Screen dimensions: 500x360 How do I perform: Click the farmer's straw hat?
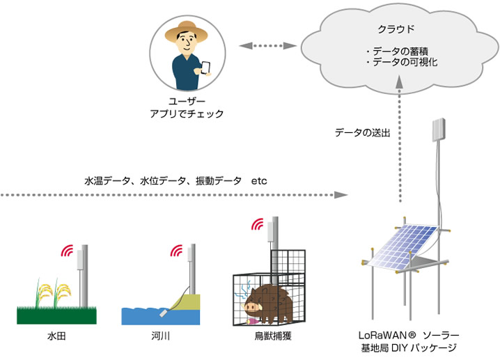click(x=186, y=31)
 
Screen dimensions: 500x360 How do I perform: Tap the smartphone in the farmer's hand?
click(x=205, y=68)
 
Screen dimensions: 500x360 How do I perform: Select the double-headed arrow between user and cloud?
click(x=268, y=46)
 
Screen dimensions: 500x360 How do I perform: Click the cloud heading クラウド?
click(x=396, y=29)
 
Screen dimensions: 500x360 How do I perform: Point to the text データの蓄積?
click(x=400, y=51)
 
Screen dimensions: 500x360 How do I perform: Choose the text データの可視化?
click(x=405, y=61)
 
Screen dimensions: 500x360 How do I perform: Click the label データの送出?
click(x=363, y=132)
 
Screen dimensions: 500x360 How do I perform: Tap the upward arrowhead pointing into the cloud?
click(x=399, y=81)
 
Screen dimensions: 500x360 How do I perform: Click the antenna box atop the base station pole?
click(x=439, y=130)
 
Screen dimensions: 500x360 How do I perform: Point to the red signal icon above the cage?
click(x=257, y=224)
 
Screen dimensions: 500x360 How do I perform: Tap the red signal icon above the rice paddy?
click(x=67, y=251)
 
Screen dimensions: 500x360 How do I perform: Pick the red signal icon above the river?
click(x=176, y=251)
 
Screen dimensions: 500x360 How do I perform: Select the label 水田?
click(x=56, y=336)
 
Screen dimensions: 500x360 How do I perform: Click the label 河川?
click(x=161, y=336)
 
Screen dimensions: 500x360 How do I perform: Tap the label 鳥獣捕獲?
click(x=273, y=336)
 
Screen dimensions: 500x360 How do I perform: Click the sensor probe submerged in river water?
click(x=163, y=313)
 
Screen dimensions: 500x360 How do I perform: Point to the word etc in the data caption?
click(x=259, y=181)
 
